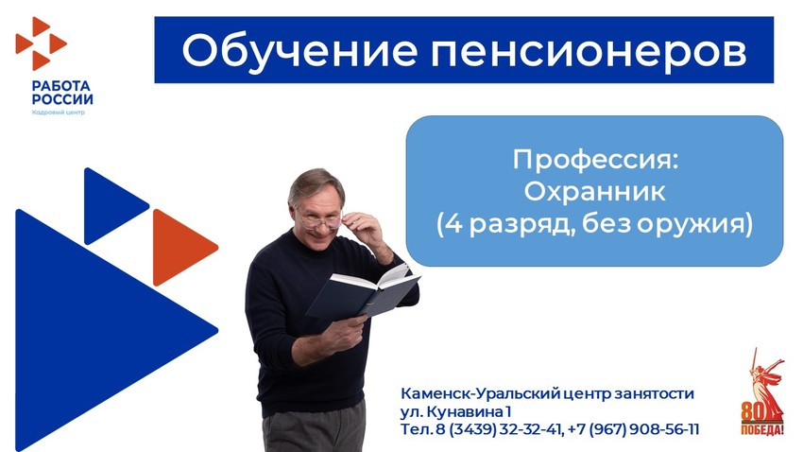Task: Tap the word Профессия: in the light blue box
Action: click(x=595, y=160)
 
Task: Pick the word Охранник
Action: click(x=594, y=192)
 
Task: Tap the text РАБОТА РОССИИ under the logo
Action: click(x=62, y=93)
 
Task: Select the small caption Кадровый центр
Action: click(x=58, y=113)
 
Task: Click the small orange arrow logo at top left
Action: click(x=41, y=43)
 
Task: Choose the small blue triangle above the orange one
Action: click(x=111, y=206)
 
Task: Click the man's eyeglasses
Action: click(x=321, y=221)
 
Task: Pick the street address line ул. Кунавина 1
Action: click(x=455, y=411)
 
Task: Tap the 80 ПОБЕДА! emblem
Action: click(x=762, y=393)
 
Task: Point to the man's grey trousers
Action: click(x=315, y=429)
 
